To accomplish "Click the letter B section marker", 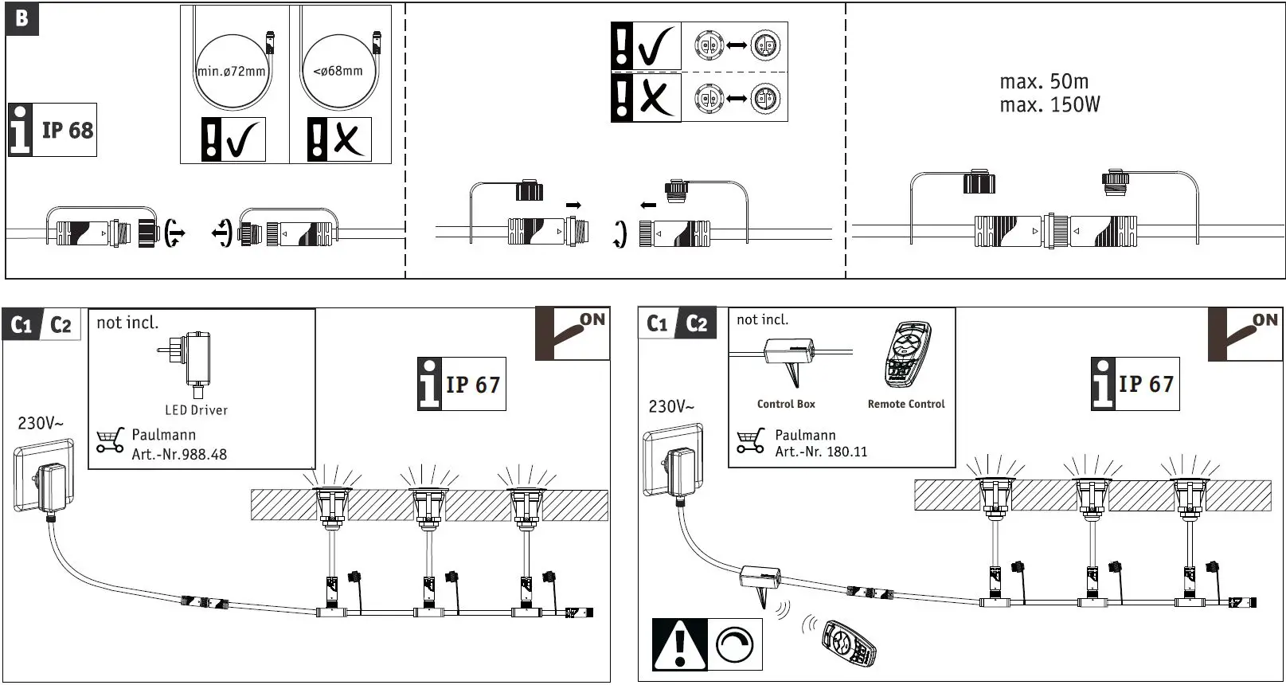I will tap(22, 18).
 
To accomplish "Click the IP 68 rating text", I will tap(67, 130).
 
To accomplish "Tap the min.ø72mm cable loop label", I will tap(231, 71).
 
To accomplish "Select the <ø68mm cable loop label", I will tap(338, 71).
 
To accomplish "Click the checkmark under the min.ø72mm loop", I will tap(242, 140).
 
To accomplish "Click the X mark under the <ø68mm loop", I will tap(349, 140).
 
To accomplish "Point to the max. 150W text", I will tap(1050, 104).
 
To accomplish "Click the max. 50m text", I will tap(1043, 81).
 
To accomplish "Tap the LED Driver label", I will tap(196, 410).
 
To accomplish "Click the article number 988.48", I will tap(179, 454).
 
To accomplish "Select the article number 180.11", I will tap(821, 452).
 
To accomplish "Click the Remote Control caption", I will tap(905, 404).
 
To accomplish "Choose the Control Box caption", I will tap(786, 404).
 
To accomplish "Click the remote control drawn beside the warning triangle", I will tap(849, 643).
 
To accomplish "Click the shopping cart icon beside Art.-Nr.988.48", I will tap(110, 440).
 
